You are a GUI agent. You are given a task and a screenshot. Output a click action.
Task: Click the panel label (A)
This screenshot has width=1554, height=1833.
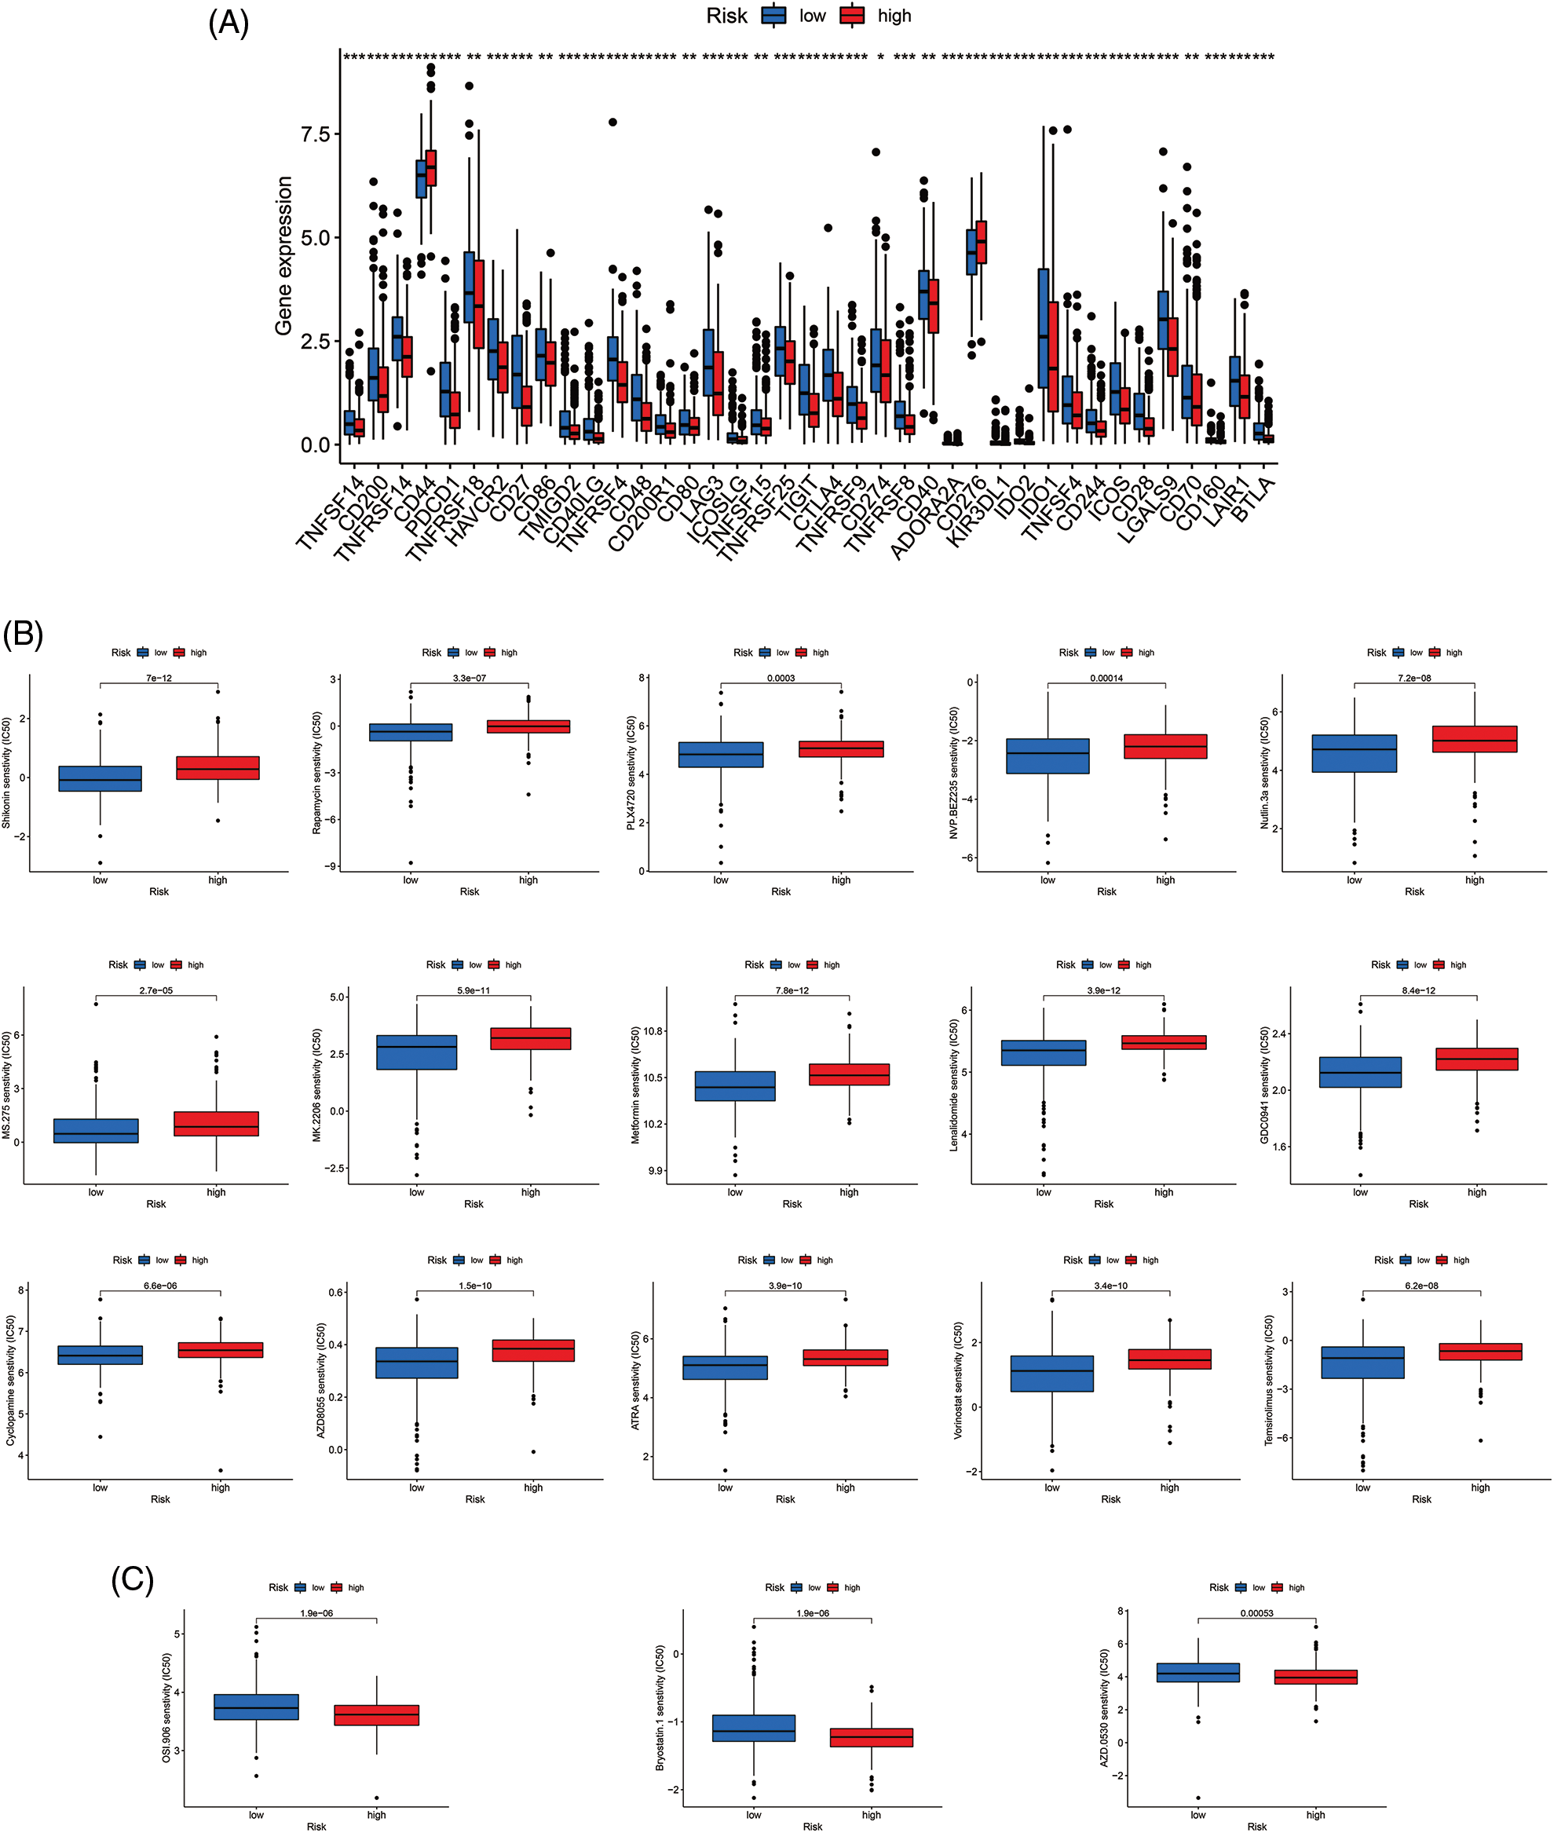point(229,23)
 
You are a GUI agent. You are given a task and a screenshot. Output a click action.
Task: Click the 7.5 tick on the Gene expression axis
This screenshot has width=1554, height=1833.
point(315,134)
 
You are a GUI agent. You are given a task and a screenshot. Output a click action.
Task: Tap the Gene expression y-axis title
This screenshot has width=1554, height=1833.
point(283,255)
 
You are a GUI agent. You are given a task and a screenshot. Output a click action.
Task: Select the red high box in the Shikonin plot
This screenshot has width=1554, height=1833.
point(218,768)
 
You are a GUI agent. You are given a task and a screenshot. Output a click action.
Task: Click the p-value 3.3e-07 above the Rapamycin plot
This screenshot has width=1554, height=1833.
point(470,679)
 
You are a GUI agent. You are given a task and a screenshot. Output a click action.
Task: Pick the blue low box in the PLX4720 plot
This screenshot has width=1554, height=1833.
point(721,755)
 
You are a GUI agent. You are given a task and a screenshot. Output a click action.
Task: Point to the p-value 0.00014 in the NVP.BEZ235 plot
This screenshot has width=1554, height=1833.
point(1106,679)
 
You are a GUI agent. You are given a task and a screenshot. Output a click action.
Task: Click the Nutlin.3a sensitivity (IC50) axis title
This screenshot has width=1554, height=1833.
point(1265,773)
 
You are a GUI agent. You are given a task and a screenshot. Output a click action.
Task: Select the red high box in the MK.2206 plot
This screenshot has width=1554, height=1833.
point(530,1038)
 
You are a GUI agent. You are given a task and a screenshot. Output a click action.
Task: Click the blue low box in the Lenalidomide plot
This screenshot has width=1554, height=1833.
point(1043,1052)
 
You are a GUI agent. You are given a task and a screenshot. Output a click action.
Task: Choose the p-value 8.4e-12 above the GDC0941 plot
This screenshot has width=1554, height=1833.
point(1418,991)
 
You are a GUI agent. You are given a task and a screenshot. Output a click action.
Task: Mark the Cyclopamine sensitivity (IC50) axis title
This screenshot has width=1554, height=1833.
point(10,1381)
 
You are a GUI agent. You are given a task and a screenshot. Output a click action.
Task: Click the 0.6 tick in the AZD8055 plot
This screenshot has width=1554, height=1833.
point(335,1293)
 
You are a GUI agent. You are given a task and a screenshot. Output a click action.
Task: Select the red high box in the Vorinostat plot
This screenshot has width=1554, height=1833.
point(1169,1359)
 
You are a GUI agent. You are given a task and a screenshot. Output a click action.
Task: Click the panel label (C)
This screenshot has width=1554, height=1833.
point(132,1579)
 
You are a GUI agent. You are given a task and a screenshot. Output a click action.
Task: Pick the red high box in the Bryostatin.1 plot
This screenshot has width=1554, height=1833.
point(872,1737)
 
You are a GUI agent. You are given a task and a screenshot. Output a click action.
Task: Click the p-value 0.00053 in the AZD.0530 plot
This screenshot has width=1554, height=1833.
point(1256,1614)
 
